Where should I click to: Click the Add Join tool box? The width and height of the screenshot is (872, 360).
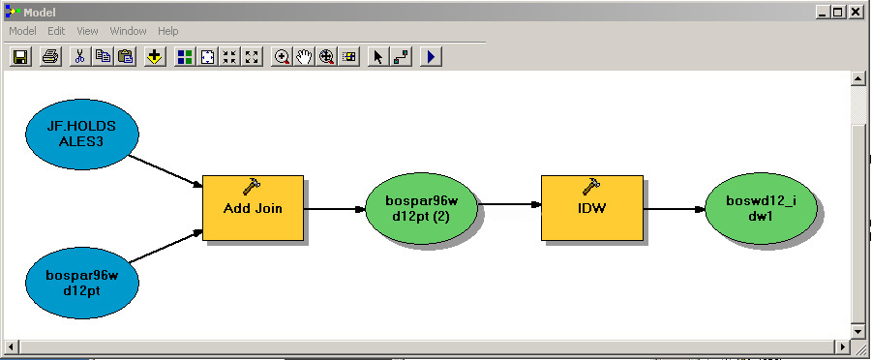tap(253, 208)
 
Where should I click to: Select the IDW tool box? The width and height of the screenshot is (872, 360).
tap(591, 208)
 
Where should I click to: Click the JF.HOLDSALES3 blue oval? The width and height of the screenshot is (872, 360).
tap(81, 133)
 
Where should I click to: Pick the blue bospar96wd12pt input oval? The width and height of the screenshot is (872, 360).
tap(81, 281)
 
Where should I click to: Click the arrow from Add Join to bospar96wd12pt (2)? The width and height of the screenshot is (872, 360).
tap(334, 208)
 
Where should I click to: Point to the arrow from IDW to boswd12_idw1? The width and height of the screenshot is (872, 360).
tap(673, 208)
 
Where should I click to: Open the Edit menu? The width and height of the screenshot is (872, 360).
tap(56, 31)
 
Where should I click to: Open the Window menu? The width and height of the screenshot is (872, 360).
tap(128, 31)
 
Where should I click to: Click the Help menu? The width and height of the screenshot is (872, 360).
tap(168, 31)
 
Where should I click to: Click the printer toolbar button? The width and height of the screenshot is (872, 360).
tap(50, 56)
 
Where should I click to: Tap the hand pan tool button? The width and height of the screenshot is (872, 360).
tap(305, 56)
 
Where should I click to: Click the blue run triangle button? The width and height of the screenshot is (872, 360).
tap(431, 56)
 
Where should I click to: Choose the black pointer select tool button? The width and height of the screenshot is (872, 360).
tap(377, 56)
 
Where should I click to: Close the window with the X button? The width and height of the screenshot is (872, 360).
tap(857, 13)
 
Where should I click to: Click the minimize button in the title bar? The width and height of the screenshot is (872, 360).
tap(822, 13)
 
